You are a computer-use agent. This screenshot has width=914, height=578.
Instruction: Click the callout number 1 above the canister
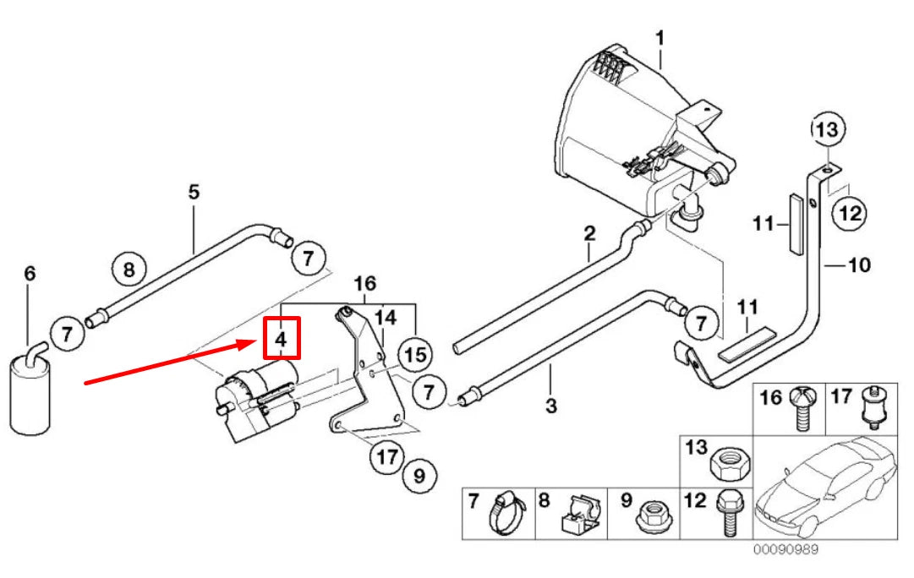tap(660, 38)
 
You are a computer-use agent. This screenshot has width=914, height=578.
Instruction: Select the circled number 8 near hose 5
tap(129, 270)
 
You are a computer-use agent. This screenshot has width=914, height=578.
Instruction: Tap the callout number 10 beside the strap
tap(858, 266)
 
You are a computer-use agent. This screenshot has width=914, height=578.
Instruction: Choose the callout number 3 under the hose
tap(550, 406)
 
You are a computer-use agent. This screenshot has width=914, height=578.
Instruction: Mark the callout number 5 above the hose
tap(194, 192)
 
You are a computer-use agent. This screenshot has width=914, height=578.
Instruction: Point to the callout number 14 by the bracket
tap(385, 317)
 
